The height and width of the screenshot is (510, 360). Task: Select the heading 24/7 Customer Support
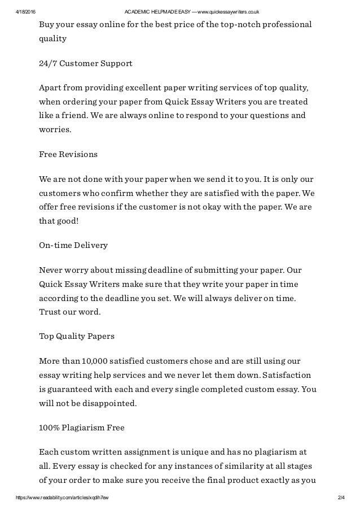[85, 63]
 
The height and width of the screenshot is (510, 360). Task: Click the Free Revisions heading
[68, 154]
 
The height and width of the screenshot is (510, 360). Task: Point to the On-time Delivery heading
[73, 246]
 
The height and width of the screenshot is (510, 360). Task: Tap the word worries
[55, 129]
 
